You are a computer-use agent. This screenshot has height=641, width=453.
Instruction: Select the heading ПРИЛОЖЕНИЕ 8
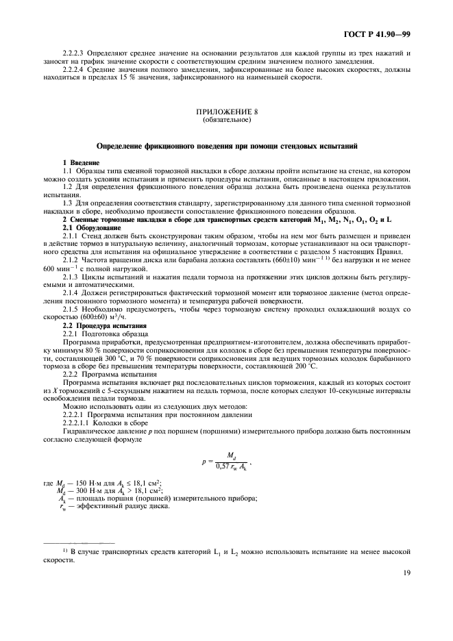227,110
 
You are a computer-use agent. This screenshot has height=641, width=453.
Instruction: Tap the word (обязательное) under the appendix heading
227,118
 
